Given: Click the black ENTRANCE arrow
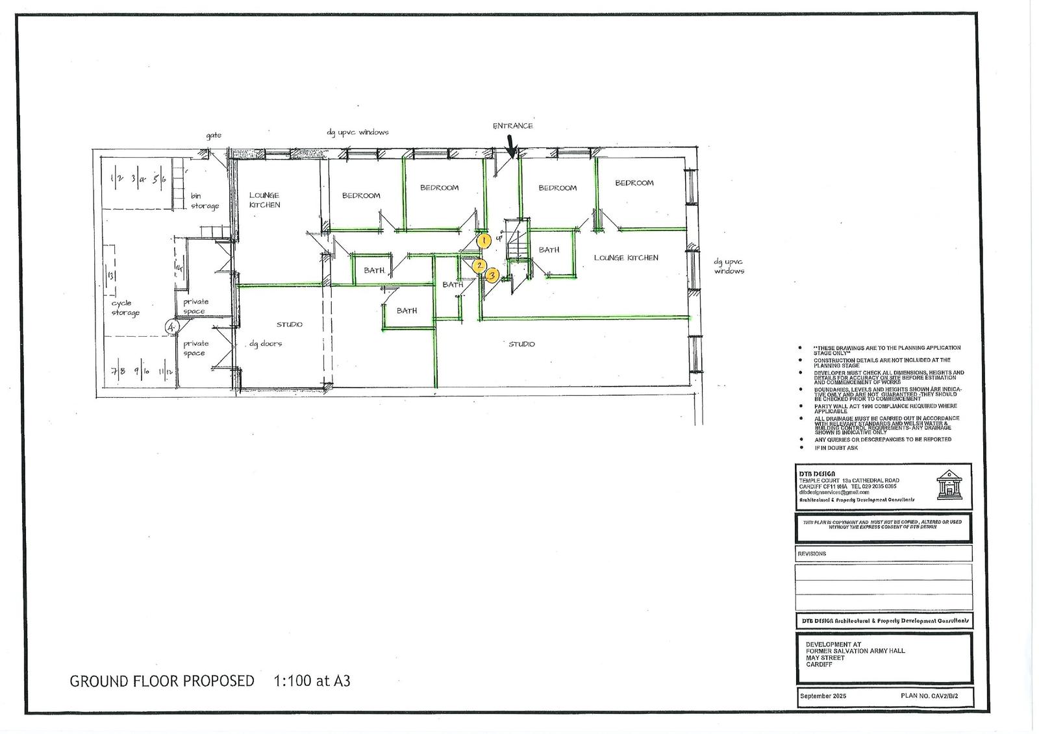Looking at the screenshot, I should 511,147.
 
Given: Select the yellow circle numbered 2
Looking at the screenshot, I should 479,265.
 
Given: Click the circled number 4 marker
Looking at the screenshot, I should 171,328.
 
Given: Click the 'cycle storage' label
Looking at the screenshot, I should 125,308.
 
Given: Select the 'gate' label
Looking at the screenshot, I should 214,136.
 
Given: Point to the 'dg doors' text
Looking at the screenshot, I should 266,343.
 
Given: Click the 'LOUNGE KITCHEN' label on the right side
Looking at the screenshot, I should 626,258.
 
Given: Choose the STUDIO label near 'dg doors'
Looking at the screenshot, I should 289,324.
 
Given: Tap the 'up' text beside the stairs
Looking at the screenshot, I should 499,238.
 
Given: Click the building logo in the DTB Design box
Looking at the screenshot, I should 949,485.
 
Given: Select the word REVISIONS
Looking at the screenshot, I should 812,554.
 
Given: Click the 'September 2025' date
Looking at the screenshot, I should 823,696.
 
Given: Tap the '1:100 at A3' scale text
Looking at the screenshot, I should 312,681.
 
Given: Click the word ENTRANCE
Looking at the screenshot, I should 512,126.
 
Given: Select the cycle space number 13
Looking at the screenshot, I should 110,276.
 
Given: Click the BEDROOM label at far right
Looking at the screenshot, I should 634,183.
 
